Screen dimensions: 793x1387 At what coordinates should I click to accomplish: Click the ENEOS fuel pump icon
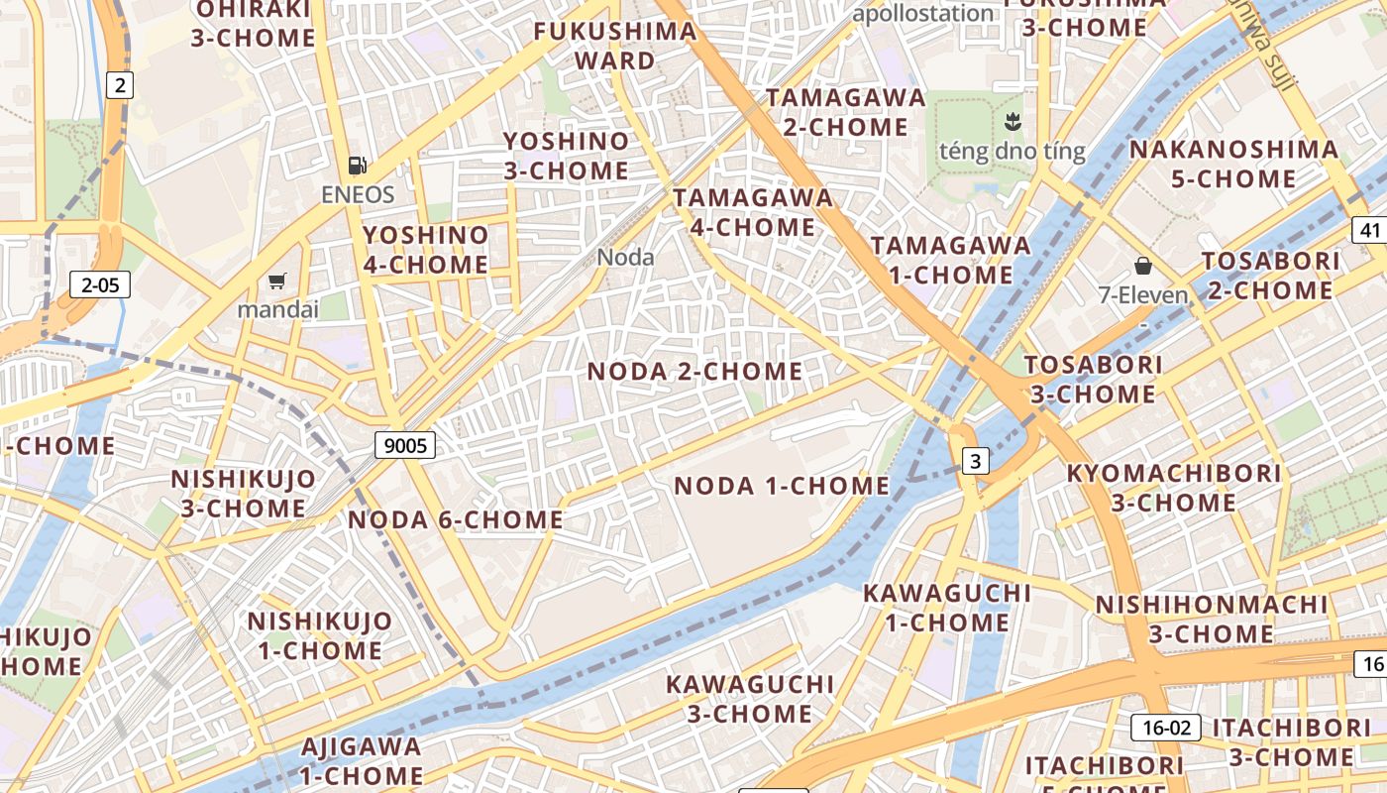pos(358,166)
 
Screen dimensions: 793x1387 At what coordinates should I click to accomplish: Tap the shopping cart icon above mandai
pos(276,282)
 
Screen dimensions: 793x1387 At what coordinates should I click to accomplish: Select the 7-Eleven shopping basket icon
pos(1143,266)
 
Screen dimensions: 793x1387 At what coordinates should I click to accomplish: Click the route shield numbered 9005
pos(405,445)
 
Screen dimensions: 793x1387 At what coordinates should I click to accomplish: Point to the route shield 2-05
pos(100,285)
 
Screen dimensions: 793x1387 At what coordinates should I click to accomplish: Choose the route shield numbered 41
pos(1370,231)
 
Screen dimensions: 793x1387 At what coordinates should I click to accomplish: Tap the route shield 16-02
pos(1166,728)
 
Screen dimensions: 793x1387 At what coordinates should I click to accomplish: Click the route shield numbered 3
pos(976,461)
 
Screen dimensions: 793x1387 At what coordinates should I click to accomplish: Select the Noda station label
pos(625,258)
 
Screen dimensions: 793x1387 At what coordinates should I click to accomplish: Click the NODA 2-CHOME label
pos(695,372)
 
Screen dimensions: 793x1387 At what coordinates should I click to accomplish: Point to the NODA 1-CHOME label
pos(782,486)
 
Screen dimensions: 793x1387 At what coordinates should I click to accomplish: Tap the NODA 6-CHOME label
pos(456,519)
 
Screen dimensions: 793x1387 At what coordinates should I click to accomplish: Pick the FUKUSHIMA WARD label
pos(615,46)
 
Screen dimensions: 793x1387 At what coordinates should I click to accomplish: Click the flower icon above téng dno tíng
pos(1012,123)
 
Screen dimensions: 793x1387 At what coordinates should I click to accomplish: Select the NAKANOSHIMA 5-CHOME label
pos(1233,165)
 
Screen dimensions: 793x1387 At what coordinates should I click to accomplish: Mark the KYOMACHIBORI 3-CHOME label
pos(1174,488)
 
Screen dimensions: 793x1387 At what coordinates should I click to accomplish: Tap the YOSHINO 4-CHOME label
pos(426,250)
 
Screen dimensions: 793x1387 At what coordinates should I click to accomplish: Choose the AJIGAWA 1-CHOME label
pos(362,760)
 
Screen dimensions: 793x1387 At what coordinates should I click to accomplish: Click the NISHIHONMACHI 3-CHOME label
pos(1212,619)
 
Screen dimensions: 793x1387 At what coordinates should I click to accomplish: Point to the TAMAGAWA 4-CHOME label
pos(753,212)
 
